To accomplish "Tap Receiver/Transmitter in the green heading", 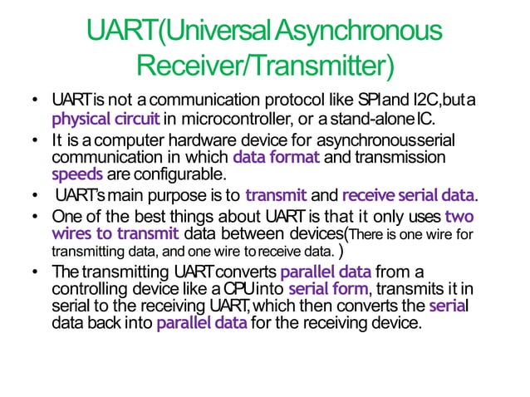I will (x=265, y=63).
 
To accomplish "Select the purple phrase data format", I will (x=275, y=157).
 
